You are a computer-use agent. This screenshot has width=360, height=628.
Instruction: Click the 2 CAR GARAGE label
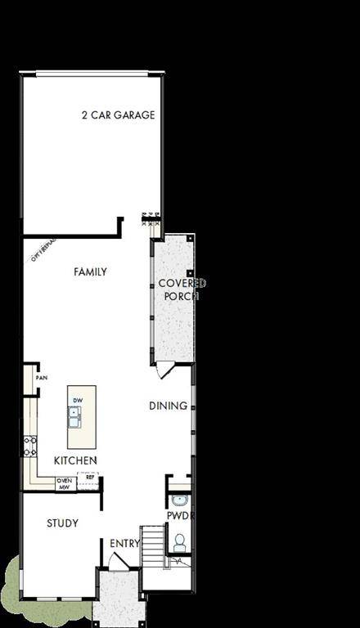(x=118, y=115)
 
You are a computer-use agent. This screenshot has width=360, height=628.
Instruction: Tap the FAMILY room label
(x=90, y=271)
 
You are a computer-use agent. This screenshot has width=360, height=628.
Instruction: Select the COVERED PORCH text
(x=182, y=289)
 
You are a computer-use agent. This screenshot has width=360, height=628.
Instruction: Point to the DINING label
(x=168, y=406)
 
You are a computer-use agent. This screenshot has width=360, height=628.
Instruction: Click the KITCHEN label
(x=75, y=460)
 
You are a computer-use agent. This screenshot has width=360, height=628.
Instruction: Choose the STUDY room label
(x=62, y=523)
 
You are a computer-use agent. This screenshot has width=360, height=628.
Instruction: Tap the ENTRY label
(x=124, y=543)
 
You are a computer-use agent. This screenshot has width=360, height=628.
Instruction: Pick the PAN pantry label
(x=41, y=379)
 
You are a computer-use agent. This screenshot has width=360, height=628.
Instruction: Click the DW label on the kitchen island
(x=78, y=400)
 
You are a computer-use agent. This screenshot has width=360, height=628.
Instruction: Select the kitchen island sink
(x=74, y=417)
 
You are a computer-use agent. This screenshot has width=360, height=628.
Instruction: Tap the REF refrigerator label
(x=90, y=477)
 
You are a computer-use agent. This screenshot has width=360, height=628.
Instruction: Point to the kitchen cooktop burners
(x=29, y=446)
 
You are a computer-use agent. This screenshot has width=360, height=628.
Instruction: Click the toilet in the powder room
(x=179, y=541)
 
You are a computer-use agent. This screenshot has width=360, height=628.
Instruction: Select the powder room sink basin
(x=179, y=500)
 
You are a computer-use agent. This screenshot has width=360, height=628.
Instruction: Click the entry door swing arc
(x=119, y=562)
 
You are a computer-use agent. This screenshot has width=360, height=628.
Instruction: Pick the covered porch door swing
(x=166, y=370)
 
